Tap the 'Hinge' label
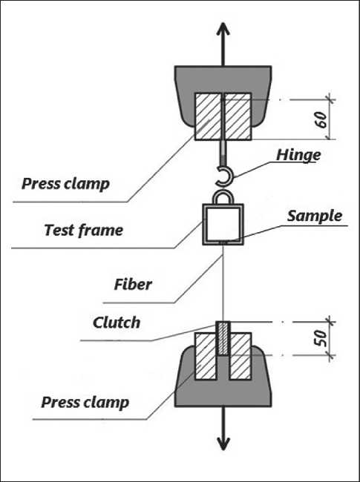[x=298, y=156]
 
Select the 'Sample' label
[x=315, y=217]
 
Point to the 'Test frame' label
[x=83, y=230]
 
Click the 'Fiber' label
[x=133, y=285]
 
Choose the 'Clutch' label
[x=117, y=323]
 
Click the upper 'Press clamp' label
[x=65, y=185]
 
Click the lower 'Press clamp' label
[x=85, y=403]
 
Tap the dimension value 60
[x=321, y=120]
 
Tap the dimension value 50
[x=320, y=338]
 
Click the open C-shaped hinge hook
[x=229, y=176]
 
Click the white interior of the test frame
[x=223, y=224]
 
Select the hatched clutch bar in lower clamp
[x=223, y=338]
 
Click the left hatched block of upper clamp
[x=208, y=116]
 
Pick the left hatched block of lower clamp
[x=206, y=356]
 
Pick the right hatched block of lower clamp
[x=240, y=356]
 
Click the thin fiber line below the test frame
[x=223, y=283]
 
